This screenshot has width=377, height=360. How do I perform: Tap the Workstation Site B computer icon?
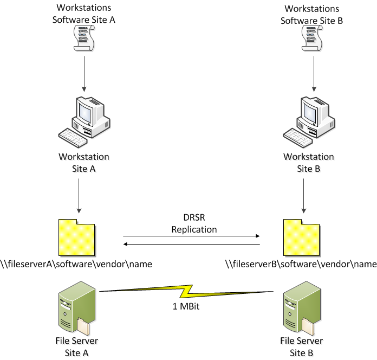pos(310,120)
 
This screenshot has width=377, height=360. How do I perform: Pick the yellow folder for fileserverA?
pos(77,236)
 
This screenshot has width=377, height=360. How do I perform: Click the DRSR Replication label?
pos(194,224)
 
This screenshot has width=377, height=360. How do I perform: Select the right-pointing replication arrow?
pos(192,236)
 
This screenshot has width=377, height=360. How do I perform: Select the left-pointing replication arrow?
pos(192,245)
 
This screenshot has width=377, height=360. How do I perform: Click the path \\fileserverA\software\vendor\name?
pos(76,265)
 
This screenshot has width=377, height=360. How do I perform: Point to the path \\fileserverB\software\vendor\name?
pos(301,265)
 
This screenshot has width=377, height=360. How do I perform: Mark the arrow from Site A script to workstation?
pos(84,73)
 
